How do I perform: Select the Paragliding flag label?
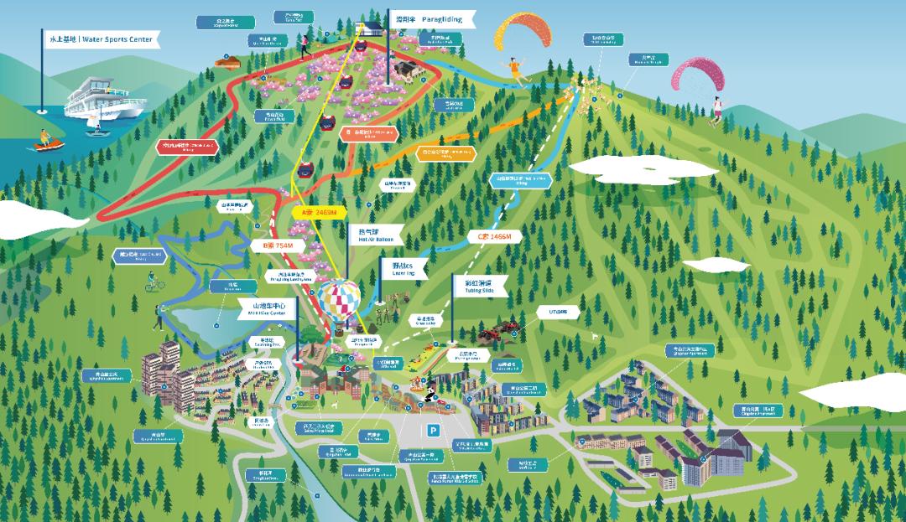pyautogui.click(x=433, y=18)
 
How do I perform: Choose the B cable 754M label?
pyautogui.click(x=278, y=245)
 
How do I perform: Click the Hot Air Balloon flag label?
pyautogui.click(x=376, y=235)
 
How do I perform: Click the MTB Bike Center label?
pyautogui.click(x=262, y=310)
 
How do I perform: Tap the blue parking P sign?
pyautogui.click(x=433, y=431)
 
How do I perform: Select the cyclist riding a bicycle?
pyautogui.click(x=154, y=282)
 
